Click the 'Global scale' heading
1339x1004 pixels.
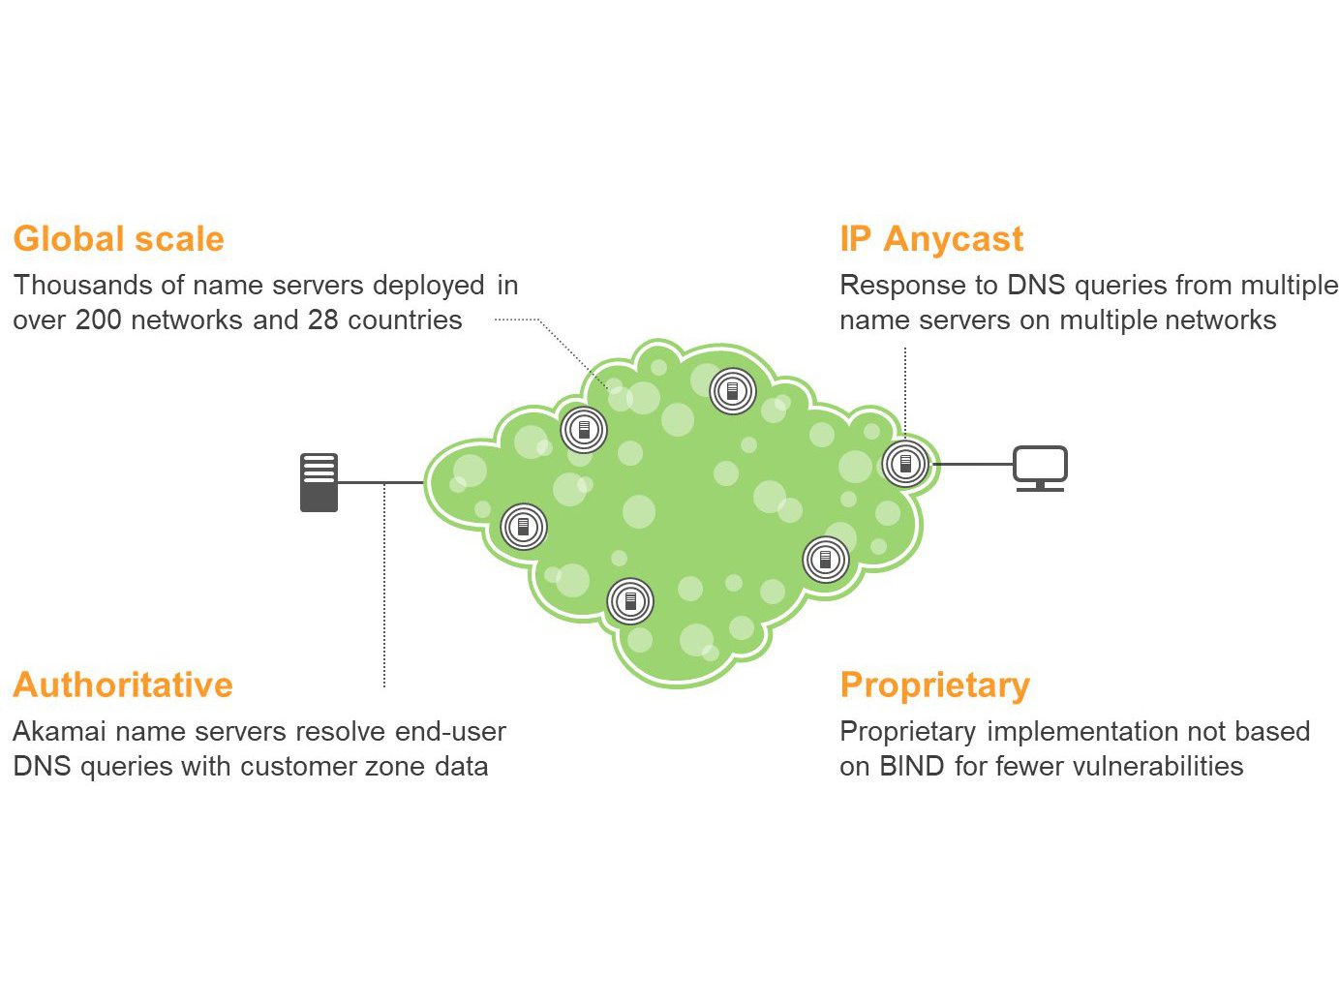click(118, 238)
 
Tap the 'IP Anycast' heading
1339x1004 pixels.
click(931, 238)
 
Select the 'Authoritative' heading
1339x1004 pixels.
click(123, 685)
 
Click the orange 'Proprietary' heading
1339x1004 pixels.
click(934, 685)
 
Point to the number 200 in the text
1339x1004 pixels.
click(98, 320)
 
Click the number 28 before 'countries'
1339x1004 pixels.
click(322, 320)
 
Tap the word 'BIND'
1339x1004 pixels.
click(912, 767)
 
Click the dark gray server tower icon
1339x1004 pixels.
click(320, 482)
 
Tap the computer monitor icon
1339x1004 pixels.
click(1041, 469)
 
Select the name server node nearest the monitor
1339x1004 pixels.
click(905, 465)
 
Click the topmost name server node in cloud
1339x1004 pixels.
click(733, 391)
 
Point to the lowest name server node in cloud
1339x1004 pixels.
click(630, 601)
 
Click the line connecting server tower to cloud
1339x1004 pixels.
click(381, 482)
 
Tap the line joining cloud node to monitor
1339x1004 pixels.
click(971, 465)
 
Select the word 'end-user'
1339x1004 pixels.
click(450, 731)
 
